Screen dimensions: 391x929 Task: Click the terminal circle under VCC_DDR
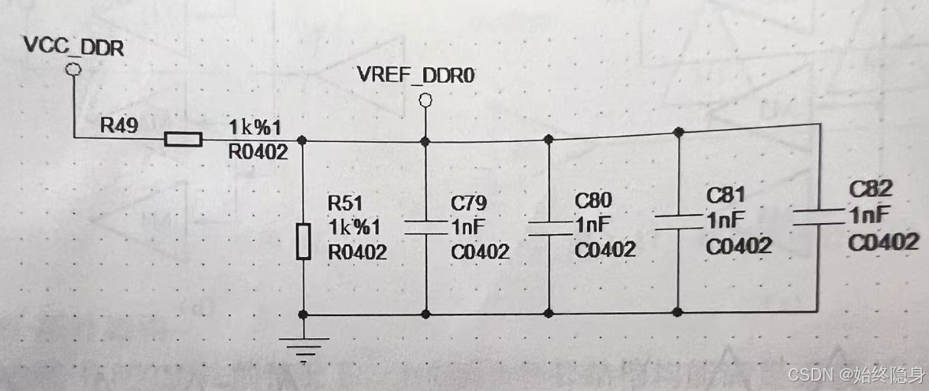click(73, 71)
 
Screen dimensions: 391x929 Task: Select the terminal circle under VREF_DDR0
click(425, 100)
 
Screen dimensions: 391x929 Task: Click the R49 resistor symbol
click(183, 140)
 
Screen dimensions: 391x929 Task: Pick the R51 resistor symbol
click(303, 241)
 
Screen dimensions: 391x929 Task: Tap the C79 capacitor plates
click(425, 228)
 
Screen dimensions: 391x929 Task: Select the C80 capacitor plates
click(549, 227)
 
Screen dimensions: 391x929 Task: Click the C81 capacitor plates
click(678, 220)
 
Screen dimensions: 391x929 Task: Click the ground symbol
click(303, 346)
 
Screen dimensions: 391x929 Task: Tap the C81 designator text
click(726, 195)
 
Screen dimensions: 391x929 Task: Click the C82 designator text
click(871, 190)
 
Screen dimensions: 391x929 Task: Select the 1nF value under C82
click(870, 215)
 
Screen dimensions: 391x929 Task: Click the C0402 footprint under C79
click(480, 252)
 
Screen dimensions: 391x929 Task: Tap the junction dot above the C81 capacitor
click(678, 132)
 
